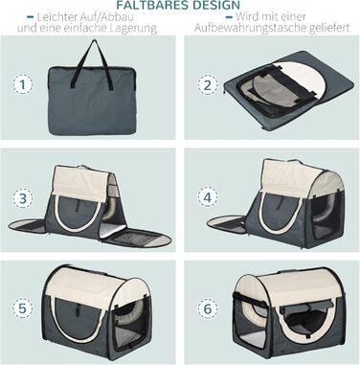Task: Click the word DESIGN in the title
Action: click(x=213, y=5)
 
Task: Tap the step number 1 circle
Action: click(x=23, y=84)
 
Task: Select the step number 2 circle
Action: click(x=208, y=85)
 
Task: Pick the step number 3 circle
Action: click(x=23, y=198)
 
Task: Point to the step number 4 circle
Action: click(x=208, y=197)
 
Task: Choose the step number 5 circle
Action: click(x=23, y=308)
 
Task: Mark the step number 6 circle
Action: click(x=208, y=308)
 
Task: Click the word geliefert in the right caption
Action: click(x=329, y=28)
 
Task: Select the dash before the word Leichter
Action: click(x=31, y=17)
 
